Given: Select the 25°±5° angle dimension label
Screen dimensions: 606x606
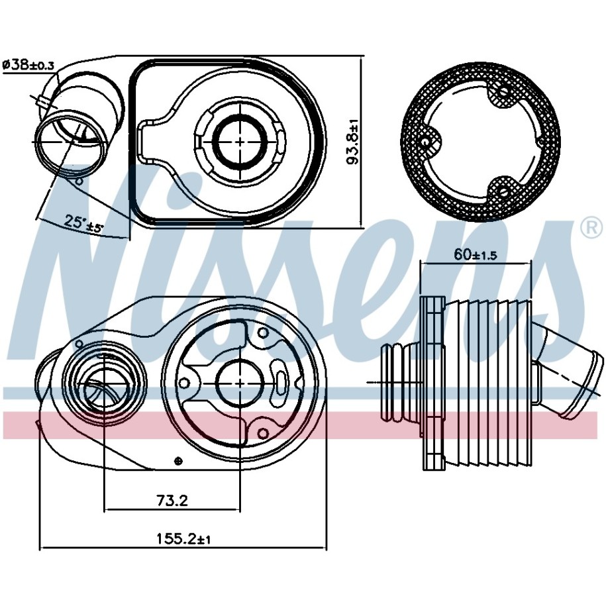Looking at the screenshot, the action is click(x=84, y=223).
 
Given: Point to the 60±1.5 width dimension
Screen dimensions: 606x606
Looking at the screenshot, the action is click(x=476, y=255).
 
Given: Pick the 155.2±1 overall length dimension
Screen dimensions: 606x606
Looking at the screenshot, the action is click(x=183, y=538).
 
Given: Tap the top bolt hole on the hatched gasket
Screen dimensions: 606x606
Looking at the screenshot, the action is click(x=504, y=91).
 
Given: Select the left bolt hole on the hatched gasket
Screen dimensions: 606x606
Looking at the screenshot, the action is click(x=425, y=142).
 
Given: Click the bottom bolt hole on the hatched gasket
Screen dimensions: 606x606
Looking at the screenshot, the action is click(x=502, y=191).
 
